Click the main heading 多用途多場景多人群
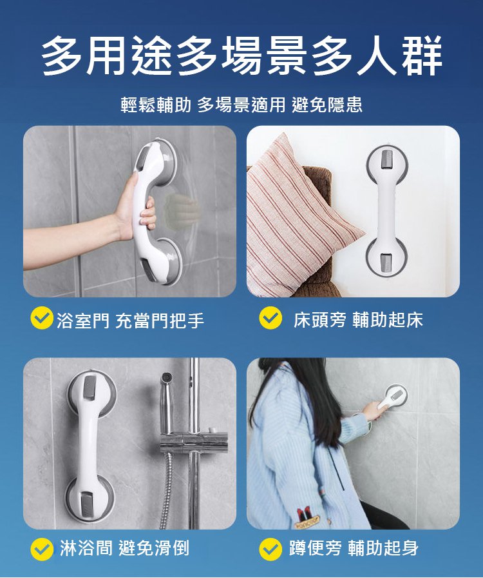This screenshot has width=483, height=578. (x=241, y=55)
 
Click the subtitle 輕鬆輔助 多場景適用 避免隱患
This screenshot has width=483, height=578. (x=241, y=105)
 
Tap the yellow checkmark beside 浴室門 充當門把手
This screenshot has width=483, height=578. (x=42, y=317)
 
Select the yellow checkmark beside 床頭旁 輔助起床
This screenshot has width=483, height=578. (x=270, y=317)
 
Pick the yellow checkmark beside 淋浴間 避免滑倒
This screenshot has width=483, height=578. (x=42, y=549)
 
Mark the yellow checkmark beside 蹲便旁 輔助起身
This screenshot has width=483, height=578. (x=270, y=549)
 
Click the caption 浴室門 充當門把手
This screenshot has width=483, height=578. (x=130, y=319)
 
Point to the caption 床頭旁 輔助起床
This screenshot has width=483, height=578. (x=358, y=319)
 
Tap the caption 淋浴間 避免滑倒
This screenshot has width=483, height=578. (x=125, y=548)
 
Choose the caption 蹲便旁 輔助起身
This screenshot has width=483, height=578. (x=354, y=548)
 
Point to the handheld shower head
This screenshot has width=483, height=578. (x=167, y=402)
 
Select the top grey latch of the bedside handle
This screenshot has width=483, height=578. (x=387, y=159)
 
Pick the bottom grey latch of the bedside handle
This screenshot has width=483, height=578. (x=386, y=263)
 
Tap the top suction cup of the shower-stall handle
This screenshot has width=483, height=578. (x=91, y=393)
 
